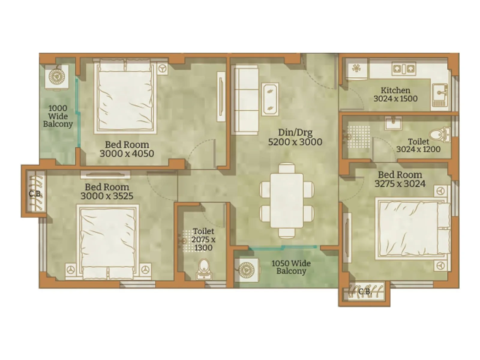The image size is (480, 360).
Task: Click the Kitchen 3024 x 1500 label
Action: pos(395,94)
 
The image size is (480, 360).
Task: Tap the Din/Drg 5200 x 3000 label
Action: pos(295,137)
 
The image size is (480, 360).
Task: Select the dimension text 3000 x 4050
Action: pos(127,154)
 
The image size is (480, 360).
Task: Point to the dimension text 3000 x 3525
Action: pos(107,196)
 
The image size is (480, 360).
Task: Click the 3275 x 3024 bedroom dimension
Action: pos(400,184)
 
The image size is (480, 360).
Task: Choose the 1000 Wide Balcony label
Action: pos(58,116)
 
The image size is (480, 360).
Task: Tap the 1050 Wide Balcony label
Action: pos(291,267)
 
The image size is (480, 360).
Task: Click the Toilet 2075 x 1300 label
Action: pos(203,239)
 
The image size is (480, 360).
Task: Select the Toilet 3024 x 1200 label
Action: pos(418,145)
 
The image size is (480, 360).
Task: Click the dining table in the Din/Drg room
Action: pos(286,200)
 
